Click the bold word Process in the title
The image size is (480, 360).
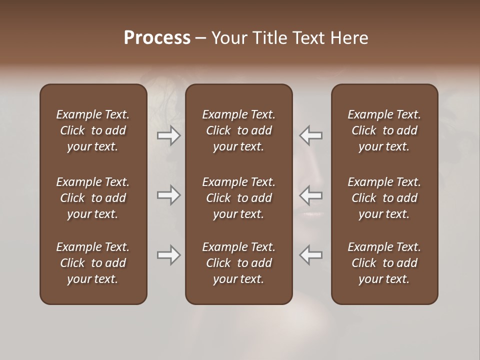tap(157, 38)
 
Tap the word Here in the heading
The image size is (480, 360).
tap(349, 38)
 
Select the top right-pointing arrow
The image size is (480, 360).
tap(169, 135)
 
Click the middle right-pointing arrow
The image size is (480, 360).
tap(169, 195)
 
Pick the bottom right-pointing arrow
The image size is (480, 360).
tap(169, 255)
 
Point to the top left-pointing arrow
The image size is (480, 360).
tap(310, 135)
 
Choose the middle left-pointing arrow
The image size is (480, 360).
tap(310, 195)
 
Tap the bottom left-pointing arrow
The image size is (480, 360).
tap(310, 255)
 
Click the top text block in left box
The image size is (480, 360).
tap(93, 130)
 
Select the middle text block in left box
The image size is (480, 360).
tap(93, 198)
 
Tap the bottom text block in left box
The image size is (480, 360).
tap(93, 263)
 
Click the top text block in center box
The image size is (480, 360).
tap(238, 130)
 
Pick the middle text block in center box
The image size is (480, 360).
tap(238, 198)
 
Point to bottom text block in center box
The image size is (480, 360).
tap(238, 263)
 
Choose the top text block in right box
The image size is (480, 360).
tap(384, 130)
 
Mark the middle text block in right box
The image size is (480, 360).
tap(384, 198)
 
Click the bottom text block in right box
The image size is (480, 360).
tap(384, 263)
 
